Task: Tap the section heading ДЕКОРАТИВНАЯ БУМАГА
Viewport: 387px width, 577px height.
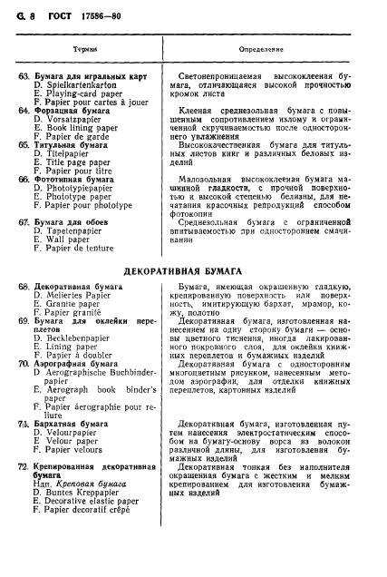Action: point(193,271)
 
